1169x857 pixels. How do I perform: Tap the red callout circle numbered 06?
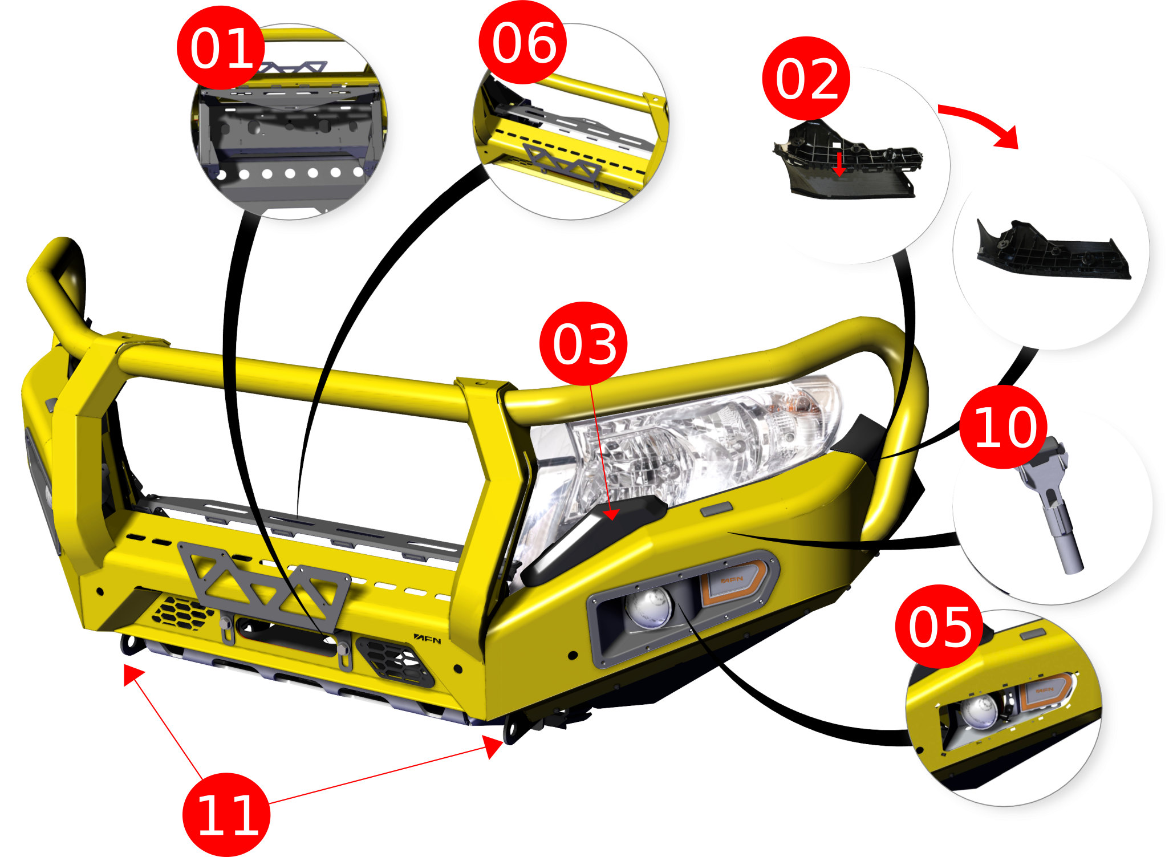tap(523, 43)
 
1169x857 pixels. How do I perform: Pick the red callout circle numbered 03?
tap(583, 344)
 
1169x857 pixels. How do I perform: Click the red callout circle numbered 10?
tap(1004, 427)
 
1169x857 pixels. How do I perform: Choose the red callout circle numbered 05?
tap(939, 627)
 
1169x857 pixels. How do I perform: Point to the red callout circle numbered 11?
tap(226, 815)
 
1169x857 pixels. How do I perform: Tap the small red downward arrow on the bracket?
tap(839, 164)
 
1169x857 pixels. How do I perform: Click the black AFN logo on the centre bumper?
tap(427, 639)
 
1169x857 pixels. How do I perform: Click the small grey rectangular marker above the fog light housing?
tap(717, 509)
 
